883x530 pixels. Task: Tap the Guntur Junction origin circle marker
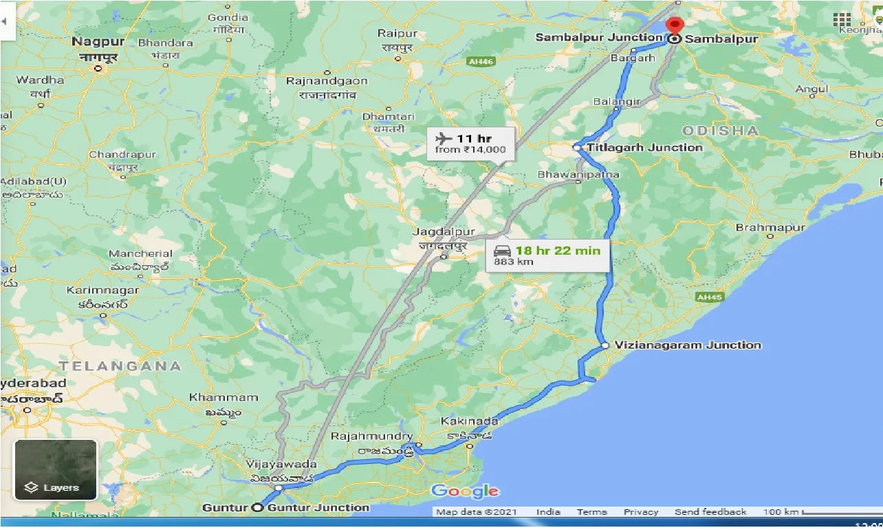(257, 508)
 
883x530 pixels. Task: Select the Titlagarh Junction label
(645, 147)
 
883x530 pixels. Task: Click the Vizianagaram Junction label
(688, 345)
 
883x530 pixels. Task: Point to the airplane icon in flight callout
(444, 138)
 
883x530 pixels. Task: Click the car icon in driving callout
(501, 251)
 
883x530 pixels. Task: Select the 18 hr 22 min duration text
(558, 251)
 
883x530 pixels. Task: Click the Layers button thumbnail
(56, 470)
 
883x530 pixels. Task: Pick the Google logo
(465, 491)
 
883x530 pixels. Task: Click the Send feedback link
(710, 512)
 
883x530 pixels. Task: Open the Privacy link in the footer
(641, 512)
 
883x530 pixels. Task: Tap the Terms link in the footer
(591, 512)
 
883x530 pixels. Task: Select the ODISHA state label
(721, 131)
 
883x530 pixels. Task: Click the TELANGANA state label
(120, 366)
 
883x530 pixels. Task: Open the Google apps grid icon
(841, 20)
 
